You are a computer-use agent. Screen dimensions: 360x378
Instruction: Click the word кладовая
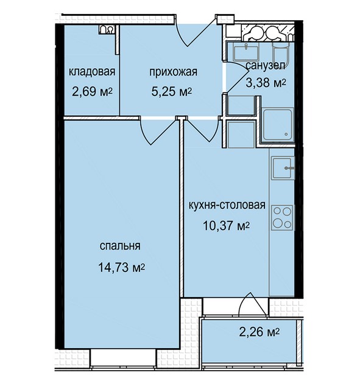92,72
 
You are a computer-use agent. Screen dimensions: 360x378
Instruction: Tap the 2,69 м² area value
93,91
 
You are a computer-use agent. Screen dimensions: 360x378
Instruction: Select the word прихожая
173,72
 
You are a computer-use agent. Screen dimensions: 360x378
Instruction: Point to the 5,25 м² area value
172,91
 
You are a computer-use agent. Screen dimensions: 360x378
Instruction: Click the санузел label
266,66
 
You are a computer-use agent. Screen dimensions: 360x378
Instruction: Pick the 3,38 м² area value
266,83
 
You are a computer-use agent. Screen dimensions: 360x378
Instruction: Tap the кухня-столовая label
227,205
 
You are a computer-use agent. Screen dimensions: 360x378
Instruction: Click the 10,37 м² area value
227,226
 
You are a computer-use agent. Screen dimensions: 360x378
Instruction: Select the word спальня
120,246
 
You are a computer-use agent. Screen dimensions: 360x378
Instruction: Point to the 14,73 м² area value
121,267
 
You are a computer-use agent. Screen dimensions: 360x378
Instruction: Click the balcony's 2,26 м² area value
259,332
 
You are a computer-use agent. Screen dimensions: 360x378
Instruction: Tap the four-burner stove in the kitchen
282,218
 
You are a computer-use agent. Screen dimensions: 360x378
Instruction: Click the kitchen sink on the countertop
283,168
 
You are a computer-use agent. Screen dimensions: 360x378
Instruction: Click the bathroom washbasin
246,52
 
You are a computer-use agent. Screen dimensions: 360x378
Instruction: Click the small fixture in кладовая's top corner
106,30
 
